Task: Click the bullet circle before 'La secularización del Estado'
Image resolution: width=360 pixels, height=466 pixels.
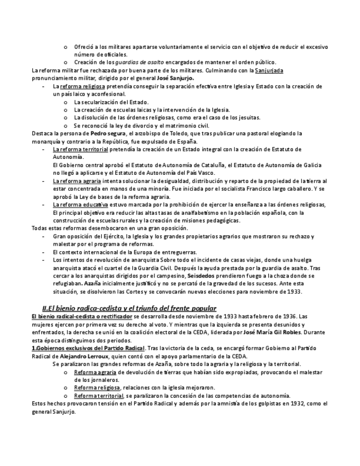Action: (x=67, y=102)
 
